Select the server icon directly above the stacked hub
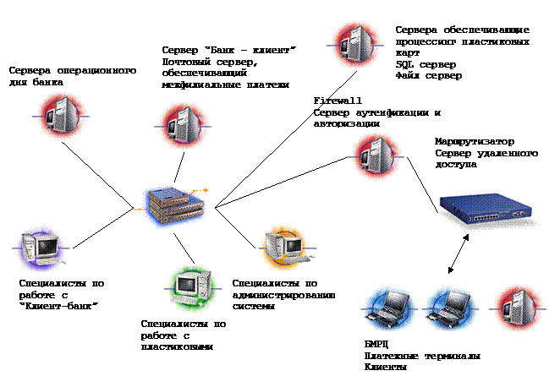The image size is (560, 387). [184, 127]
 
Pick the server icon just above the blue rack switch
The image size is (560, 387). [376, 157]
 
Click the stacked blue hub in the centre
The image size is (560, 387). [173, 205]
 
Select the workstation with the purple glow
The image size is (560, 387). [41, 248]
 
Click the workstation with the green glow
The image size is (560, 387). [194, 288]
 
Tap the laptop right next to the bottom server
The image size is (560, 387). [449, 308]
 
